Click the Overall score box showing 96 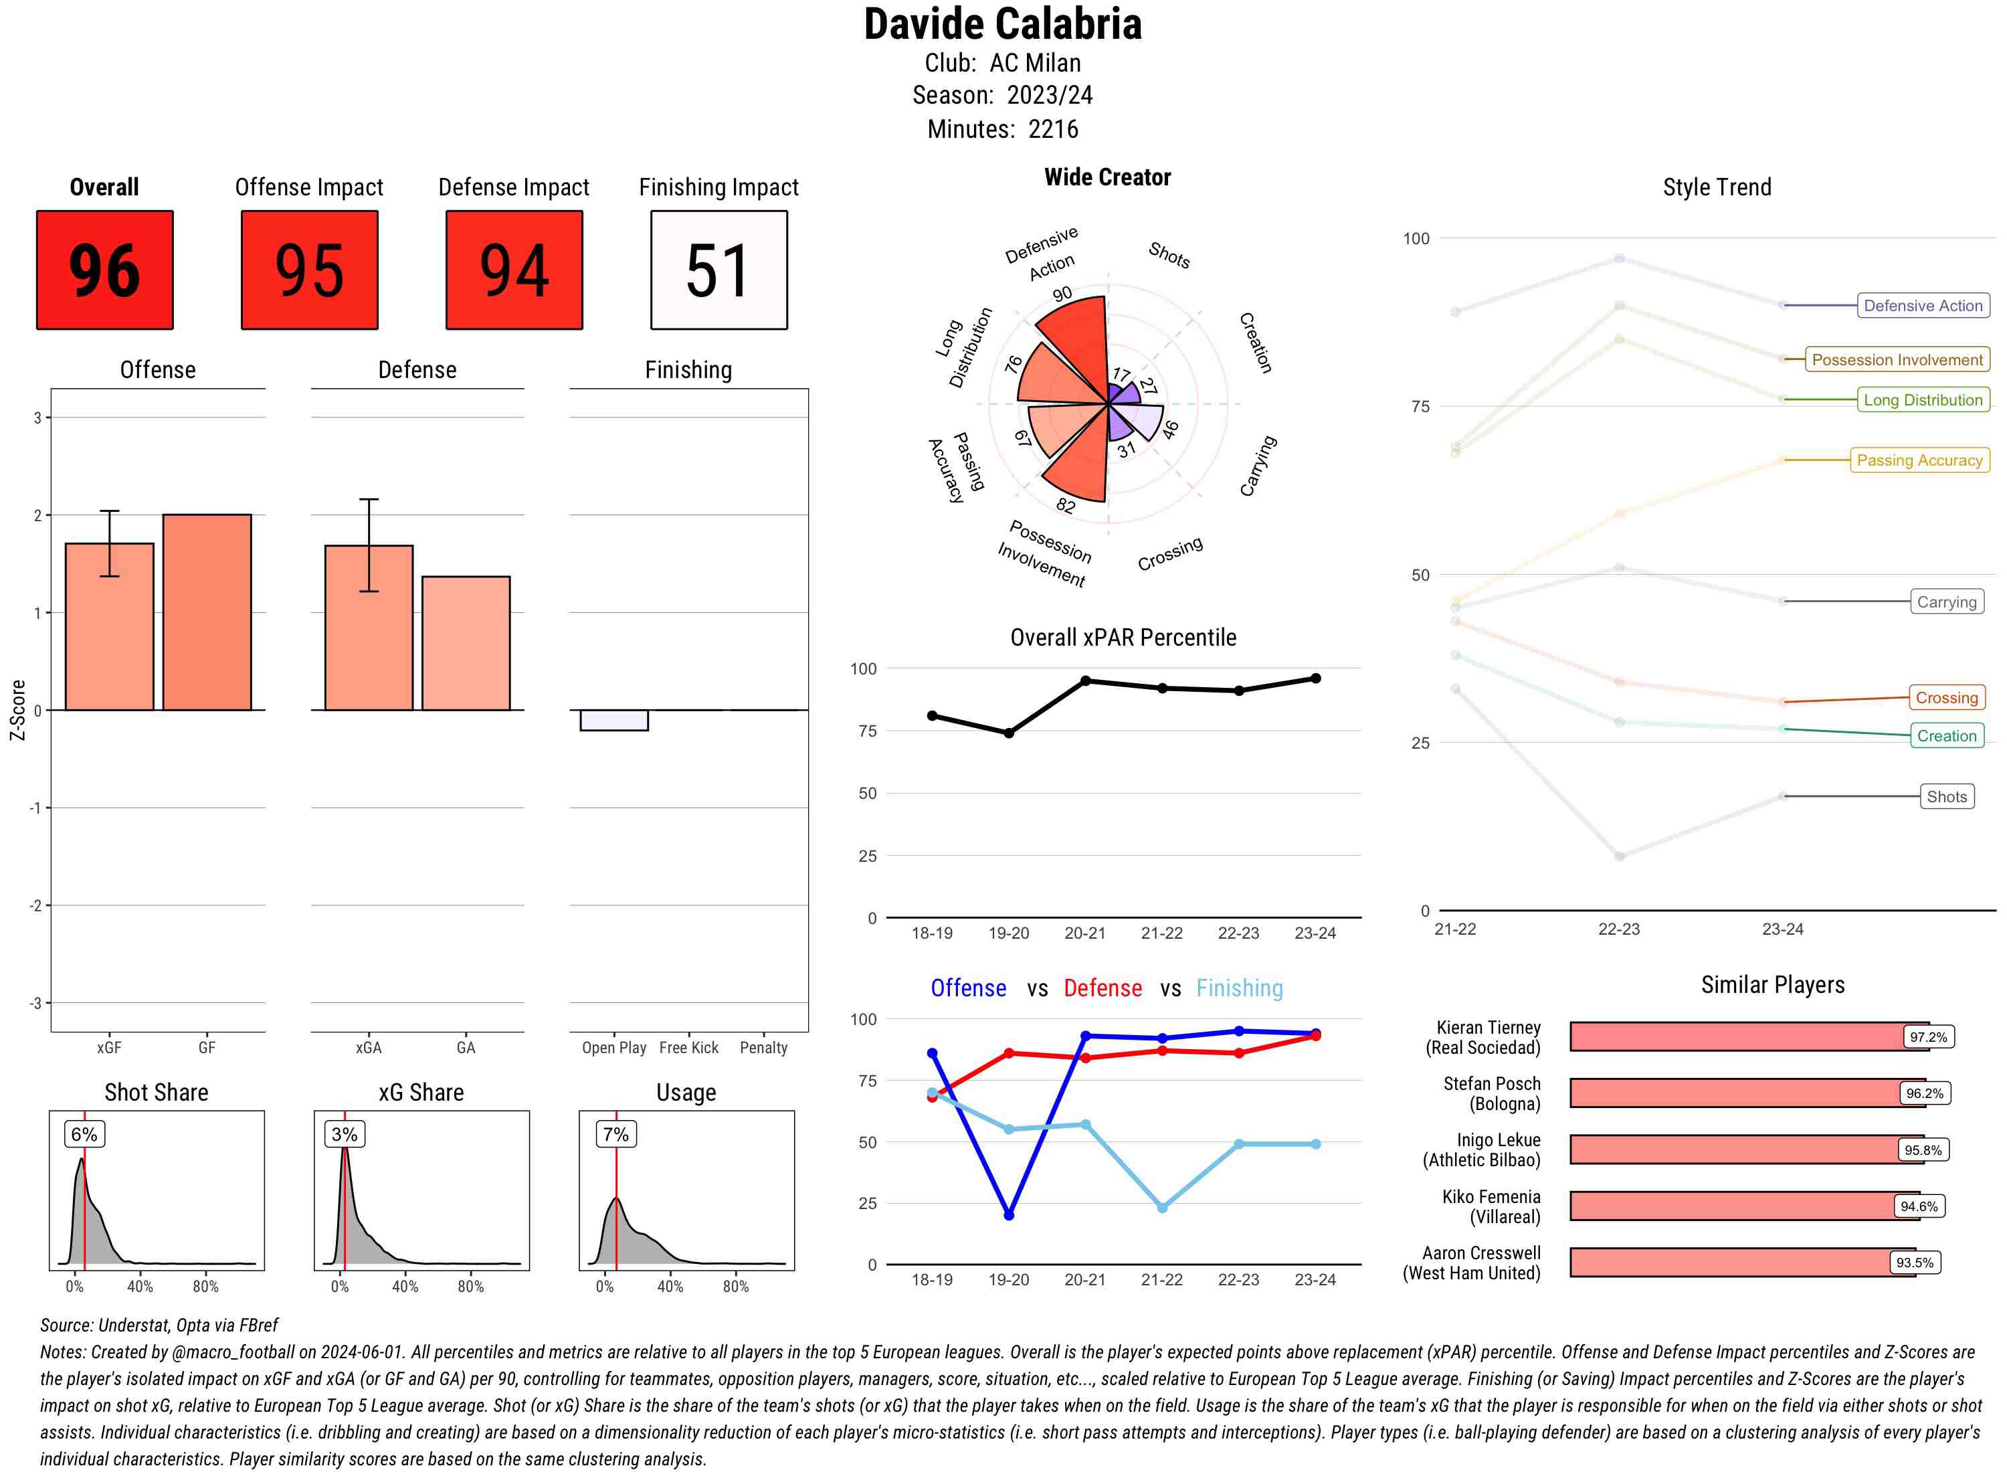(104, 270)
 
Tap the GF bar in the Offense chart (207, 612)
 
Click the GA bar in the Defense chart (466, 644)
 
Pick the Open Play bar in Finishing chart (613, 720)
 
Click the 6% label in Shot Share (84, 1134)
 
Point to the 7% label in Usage (615, 1134)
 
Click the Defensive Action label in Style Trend (1923, 306)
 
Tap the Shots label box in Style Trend (1946, 797)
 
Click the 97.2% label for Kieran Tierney (1927, 1037)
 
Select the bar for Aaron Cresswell (1741, 1263)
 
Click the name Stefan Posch (1491, 1083)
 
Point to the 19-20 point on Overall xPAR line (1008, 733)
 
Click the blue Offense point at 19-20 (1008, 1214)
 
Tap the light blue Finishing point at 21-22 (1161, 1207)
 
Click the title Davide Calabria (1003, 24)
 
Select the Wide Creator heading (1107, 177)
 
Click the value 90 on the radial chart (1062, 294)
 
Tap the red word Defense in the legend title (1102, 988)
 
